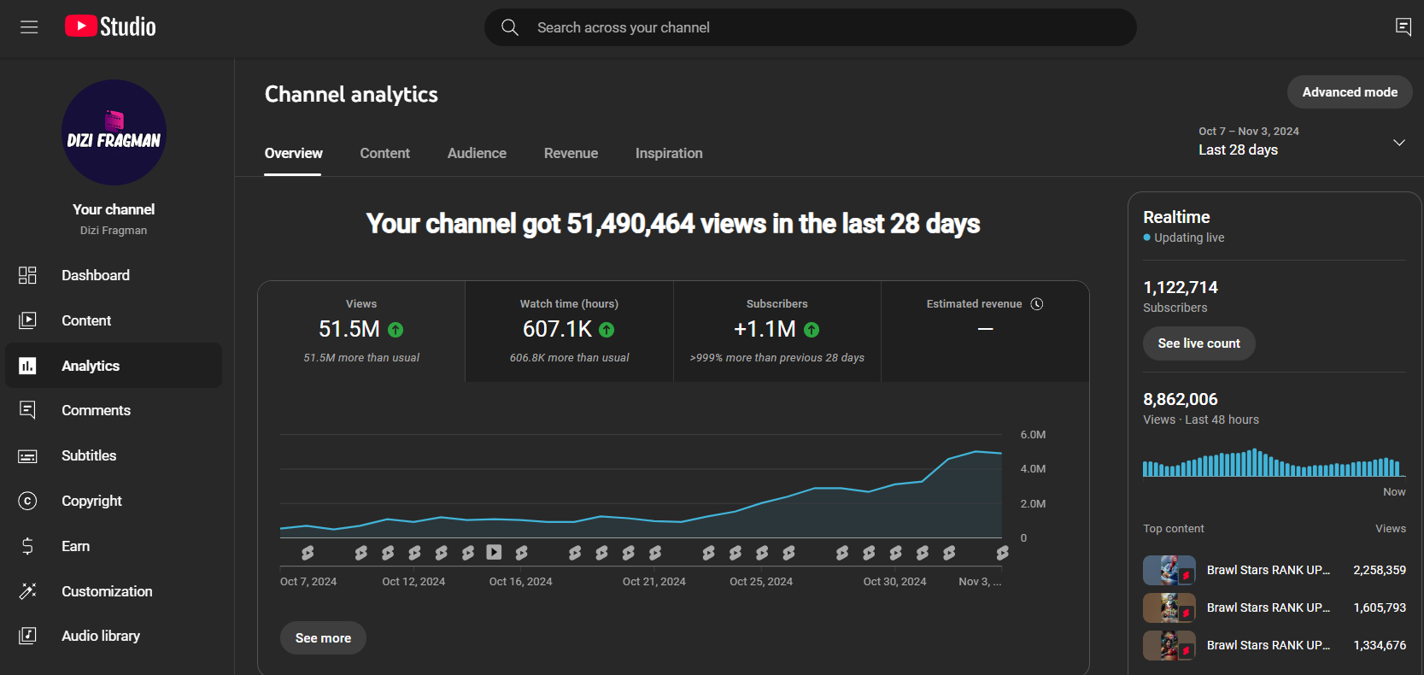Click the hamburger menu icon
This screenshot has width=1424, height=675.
coord(29,26)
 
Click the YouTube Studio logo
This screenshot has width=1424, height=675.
coord(110,26)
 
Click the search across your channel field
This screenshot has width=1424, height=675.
coord(810,27)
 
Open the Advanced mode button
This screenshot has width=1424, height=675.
coord(1350,92)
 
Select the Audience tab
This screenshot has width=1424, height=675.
coord(477,153)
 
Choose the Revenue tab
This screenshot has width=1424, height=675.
coord(571,153)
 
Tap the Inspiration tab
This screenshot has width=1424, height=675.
coord(669,153)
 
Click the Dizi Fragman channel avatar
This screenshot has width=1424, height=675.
coord(114,132)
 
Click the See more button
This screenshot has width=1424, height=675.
coord(323,637)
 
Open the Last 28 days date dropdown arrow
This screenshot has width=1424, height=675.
coord(1398,143)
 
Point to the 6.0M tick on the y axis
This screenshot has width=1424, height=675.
coord(1033,435)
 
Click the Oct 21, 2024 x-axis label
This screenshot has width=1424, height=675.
coord(654,582)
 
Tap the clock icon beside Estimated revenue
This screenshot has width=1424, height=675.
coord(1037,304)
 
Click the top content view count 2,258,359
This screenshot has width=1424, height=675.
coord(1380,570)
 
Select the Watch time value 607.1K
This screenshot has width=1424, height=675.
coord(557,329)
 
